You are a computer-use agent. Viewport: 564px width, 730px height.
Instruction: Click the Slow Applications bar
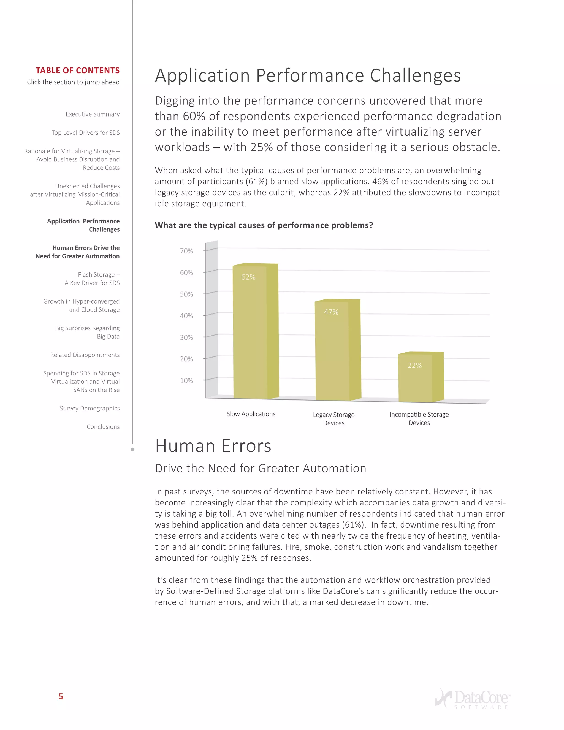point(256,334)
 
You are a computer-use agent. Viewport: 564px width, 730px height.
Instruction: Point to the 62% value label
point(248,277)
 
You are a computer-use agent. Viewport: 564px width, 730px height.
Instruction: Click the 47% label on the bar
point(331,312)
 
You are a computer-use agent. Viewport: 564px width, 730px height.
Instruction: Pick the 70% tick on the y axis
point(186,251)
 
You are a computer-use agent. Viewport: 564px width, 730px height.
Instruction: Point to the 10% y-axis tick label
point(186,381)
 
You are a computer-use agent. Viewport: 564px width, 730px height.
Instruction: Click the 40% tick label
point(186,316)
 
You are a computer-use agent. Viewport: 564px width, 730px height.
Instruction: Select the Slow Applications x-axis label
point(251,414)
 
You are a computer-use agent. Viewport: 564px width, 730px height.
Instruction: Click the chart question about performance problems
point(264,225)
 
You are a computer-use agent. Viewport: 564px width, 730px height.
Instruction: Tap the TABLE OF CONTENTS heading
point(77,71)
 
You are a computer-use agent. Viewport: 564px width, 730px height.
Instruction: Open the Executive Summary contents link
point(93,114)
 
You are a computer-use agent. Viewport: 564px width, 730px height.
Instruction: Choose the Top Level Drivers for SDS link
point(86,133)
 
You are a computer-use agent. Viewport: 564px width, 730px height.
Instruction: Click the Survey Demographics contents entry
point(90,408)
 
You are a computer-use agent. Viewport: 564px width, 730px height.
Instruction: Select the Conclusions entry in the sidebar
point(103,426)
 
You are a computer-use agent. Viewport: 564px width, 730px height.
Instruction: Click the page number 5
point(61,696)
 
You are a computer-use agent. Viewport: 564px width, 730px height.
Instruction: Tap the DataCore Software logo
point(473,699)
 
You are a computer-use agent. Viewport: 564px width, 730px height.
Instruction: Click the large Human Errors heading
point(213,446)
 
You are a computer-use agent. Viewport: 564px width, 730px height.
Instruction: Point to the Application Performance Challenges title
point(307,75)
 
